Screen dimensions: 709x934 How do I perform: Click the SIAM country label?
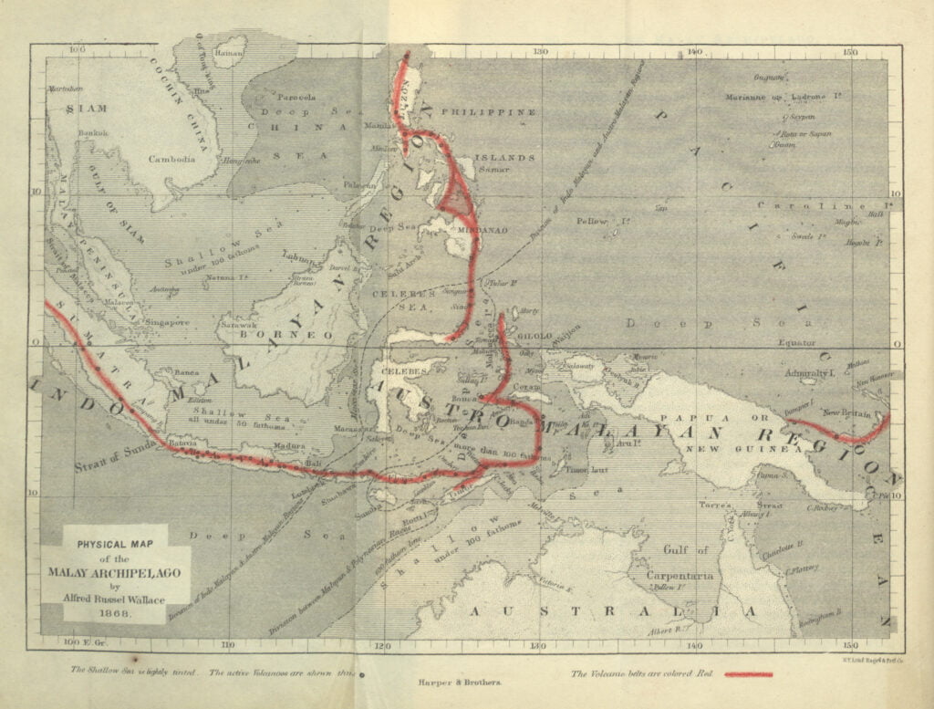pos(86,108)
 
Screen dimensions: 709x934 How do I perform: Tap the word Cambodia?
pos(172,159)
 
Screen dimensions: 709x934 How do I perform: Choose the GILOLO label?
pos(536,336)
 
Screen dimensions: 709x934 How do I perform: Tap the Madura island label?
pos(288,447)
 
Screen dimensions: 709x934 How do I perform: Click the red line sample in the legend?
pos(749,674)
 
